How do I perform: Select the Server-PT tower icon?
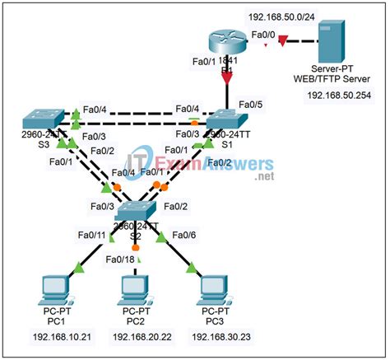329,44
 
